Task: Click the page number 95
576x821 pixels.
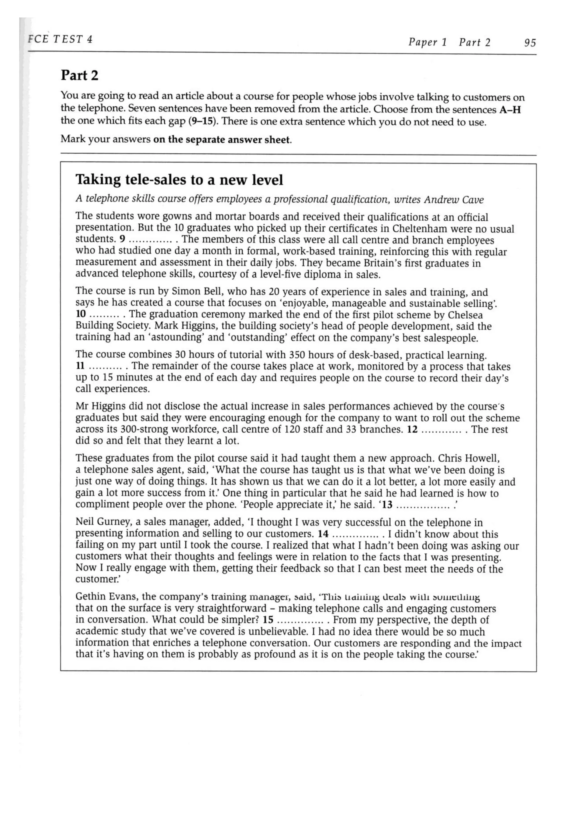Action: click(x=530, y=43)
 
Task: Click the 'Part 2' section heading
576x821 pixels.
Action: click(x=79, y=75)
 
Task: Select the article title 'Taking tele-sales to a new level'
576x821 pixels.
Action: click(x=179, y=180)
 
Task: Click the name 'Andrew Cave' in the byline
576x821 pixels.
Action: click(x=453, y=200)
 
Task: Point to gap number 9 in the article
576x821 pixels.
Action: click(x=122, y=239)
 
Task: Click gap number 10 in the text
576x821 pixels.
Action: click(x=81, y=314)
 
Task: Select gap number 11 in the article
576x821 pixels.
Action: click(x=80, y=366)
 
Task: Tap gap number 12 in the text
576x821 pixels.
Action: click(x=412, y=429)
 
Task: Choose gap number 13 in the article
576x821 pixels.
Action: click(x=387, y=505)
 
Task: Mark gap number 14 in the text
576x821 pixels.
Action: click(x=323, y=534)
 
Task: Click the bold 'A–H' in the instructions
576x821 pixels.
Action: click(x=510, y=109)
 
